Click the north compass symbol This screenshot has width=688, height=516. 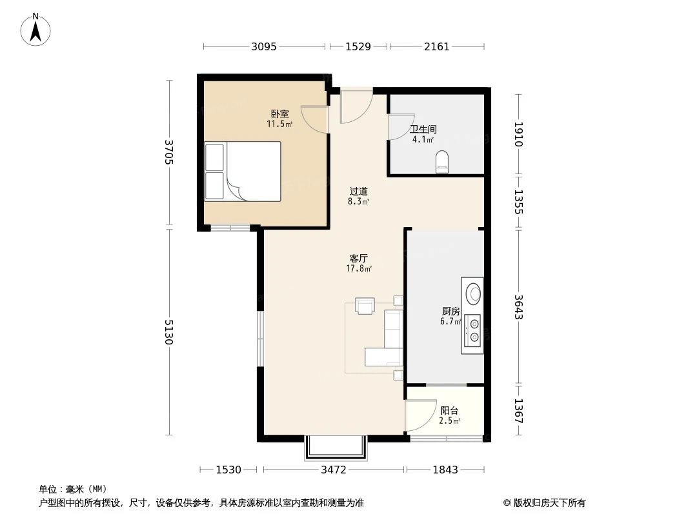[36, 29]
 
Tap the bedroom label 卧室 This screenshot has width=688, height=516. [279, 114]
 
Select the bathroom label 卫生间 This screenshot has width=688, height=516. [423, 128]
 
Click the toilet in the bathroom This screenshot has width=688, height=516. [442, 161]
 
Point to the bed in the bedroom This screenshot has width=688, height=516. [243, 172]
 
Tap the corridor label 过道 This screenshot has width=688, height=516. [359, 191]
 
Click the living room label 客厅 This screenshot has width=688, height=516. [359, 258]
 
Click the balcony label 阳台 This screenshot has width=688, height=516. [449, 410]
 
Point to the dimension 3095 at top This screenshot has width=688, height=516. [264, 46]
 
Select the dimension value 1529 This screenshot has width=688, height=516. [358, 46]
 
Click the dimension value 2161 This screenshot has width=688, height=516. [436, 46]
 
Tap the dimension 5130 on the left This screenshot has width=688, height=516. [169, 332]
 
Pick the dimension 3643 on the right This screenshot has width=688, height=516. [518, 307]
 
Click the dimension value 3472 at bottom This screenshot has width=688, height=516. [334, 470]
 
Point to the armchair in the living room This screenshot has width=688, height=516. [365, 305]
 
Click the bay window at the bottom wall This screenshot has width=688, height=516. [336, 448]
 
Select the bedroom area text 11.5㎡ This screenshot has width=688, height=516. [279, 124]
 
